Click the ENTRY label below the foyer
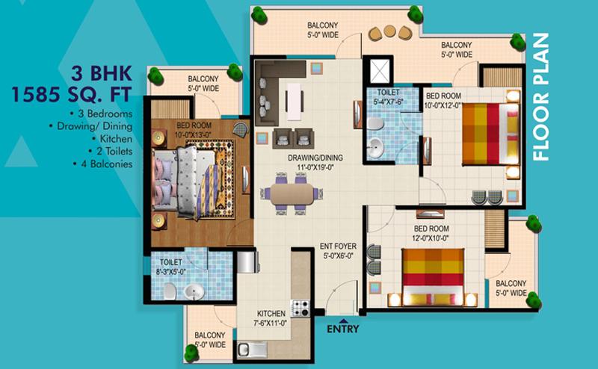(343, 329)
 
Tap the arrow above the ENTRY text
(343, 321)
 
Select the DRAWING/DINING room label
(315, 162)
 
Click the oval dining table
(292, 194)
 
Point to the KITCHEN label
(271, 318)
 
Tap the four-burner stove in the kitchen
(300, 308)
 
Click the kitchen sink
(252, 350)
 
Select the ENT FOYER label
(339, 251)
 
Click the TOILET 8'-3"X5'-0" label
(171, 267)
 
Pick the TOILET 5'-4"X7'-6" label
(388, 97)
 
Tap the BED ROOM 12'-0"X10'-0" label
(431, 233)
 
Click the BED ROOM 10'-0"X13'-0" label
(194, 130)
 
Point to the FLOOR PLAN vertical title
(540, 97)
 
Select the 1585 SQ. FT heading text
(72, 95)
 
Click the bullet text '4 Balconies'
(103, 164)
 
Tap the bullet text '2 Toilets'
(111, 152)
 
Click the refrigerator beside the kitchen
(247, 261)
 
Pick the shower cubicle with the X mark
(380, 71)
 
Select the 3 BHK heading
(102, 73)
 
